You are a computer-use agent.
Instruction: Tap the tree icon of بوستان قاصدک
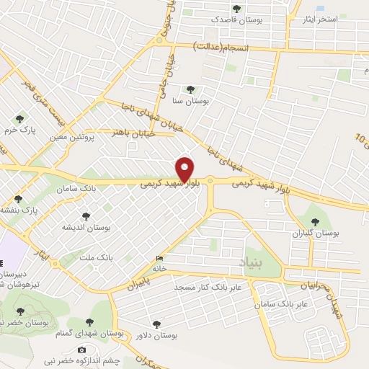pyautogui.click(x=236, y=9)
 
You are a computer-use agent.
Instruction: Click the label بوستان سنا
pyautogui.click(x=190, y=102)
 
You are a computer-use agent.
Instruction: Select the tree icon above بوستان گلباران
pyautogui.click(x=314, y=221)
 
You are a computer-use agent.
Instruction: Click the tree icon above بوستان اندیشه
pyautogui.click(x=86, y=215)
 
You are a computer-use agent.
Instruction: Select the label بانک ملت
pyautogui.click(x=96, y=257)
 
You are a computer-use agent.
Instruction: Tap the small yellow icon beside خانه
pyautogui.click(x=159, y=259)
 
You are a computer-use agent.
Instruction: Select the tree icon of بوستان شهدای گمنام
pyautogui.click(x=89, y=322)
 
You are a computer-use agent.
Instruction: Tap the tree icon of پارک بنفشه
pyautogui.click(x=19, y=198)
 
